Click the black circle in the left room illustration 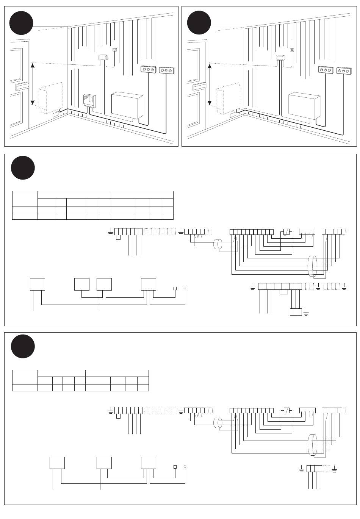click(x=22, y=23)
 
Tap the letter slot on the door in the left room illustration click(x=22, y=86)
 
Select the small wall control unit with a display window click(x=89, y=101)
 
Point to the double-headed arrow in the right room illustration click(x=210, y=84)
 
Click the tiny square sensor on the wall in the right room click(x=291, y=50)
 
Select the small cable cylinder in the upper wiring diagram click(x=218, y=244)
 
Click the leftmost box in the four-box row click(x=37, y=284)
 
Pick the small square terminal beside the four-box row click(x=175, y=288)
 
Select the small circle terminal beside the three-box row click(x=185, y=467)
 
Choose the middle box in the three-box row click(x=104, y=463)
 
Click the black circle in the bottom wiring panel click(x=23, y=346)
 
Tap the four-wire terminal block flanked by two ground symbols click(x=314, y=469)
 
